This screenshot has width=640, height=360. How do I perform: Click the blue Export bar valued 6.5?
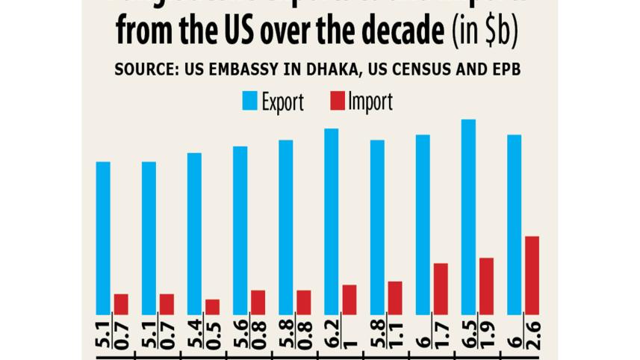[x=468, y=217]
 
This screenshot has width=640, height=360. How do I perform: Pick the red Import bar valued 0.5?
[x=212, y=307]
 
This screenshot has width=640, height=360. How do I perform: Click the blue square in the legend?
[x=249, y=101]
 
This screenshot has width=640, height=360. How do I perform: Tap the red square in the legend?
[x=337, y=101]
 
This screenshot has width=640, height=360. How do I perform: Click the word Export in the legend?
[x=282, y=102]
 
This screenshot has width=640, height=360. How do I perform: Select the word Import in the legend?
[x=370, y=102]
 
